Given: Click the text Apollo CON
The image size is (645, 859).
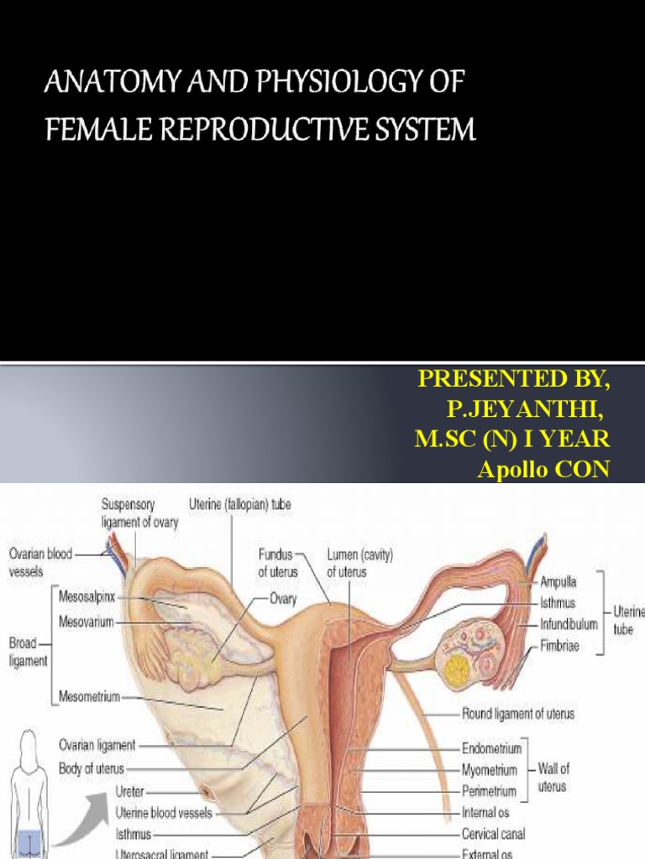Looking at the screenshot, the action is click(x=543, y=470).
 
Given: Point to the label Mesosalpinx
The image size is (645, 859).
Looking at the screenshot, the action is click(x=92, y=599).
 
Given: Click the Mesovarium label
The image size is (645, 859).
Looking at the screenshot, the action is click(x=87, y=622).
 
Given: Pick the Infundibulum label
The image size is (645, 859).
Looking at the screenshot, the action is click(x=569, y=624).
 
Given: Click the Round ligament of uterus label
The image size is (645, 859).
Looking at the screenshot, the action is click(x=517, y=714).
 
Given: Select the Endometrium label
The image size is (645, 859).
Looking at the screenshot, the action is click(x=492, y=748).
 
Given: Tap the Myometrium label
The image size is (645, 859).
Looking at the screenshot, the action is click(x=491, y=769).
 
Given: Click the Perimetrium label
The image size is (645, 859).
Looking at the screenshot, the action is click(x=492, y=790).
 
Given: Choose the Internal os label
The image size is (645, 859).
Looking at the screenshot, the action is click(x=485, y=812).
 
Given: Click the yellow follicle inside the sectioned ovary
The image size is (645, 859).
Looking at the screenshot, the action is click(x=456, y=669).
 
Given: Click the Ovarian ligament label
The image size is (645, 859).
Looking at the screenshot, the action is click(x=97, y=744).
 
